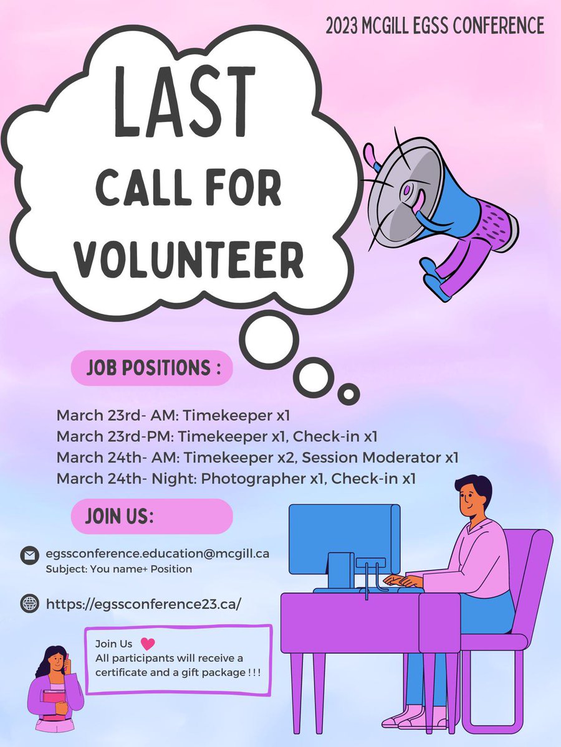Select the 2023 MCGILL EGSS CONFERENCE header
coord(435,26)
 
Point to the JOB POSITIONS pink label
coord(152,367)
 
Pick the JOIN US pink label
coord(152,516)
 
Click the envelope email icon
coord(29,555)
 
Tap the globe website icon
coord(29,603)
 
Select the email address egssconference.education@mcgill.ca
coord(157,553)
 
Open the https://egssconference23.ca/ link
coord(143,603)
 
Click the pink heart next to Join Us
coord(148,644)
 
